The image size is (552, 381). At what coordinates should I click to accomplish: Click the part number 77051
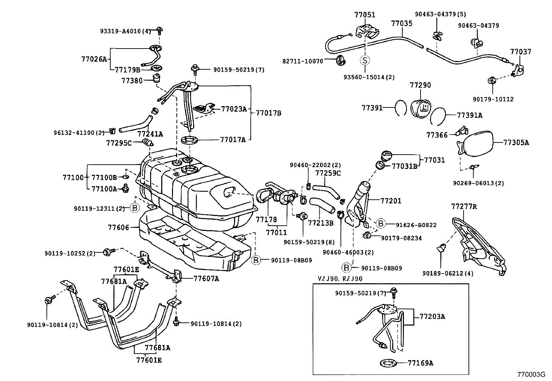point(365,15)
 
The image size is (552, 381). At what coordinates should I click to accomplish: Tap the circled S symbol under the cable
point(365,60)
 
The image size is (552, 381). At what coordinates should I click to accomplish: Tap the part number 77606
point(118,227)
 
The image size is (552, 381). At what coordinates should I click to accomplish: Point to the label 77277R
point(464,207)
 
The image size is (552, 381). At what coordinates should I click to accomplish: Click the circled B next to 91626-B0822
point(381,224)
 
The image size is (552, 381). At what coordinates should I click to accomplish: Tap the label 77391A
point(469,115)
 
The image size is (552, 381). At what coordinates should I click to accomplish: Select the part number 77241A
point(150,134)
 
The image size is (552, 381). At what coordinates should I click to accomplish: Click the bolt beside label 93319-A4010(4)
point(159,31)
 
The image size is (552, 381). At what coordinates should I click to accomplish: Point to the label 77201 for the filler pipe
point(391,201)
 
